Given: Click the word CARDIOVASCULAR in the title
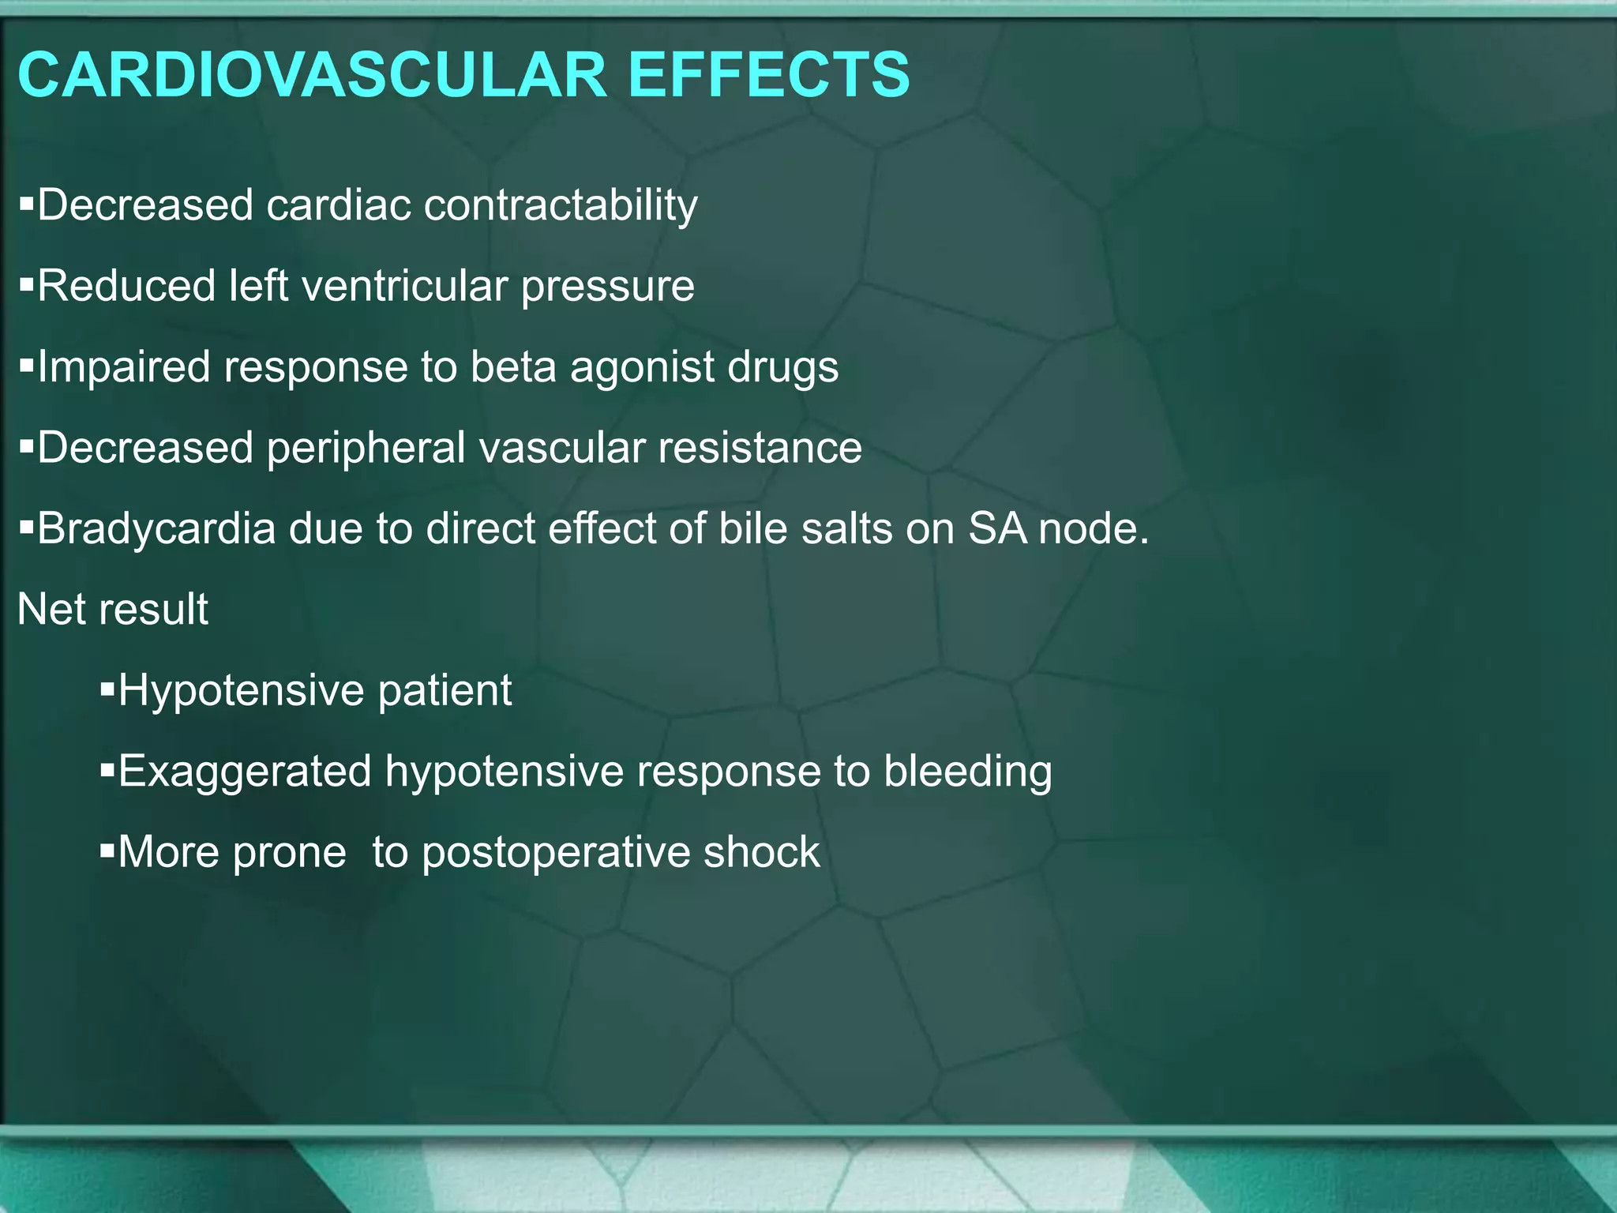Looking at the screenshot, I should (313, 75).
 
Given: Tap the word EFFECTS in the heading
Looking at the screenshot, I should (768, 75).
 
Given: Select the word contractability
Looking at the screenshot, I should (561, 205).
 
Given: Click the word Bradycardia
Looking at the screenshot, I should (156, 528).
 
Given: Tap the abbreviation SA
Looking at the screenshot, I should (997, 528).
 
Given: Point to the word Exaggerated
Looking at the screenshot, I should (245, 772).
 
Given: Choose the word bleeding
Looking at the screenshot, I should (967, 772).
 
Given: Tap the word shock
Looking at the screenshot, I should (761, 852).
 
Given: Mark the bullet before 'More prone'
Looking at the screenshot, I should (107, 851).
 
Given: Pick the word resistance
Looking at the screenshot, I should (760, 449).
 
